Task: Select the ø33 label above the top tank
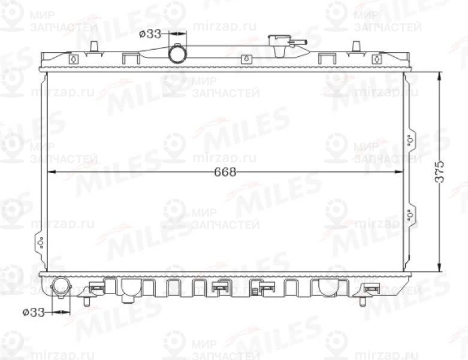coord(150,34)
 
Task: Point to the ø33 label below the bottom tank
coord(34,312)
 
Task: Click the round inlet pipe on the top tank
coord(178,54)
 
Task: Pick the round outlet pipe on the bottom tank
coord(61,286)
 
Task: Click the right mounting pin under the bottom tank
coord(363,300)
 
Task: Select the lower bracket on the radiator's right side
coord(410,214)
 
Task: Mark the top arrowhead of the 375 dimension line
coord(440,75)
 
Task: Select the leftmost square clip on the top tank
coord(74,59)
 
